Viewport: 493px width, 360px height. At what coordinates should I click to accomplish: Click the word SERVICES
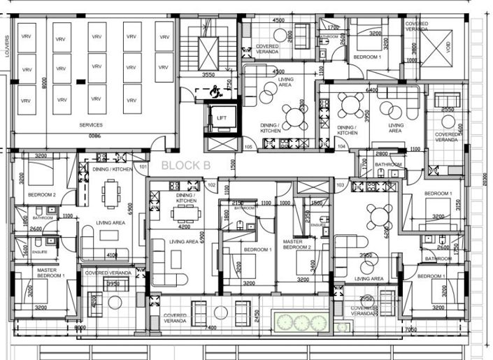tap(91, 124)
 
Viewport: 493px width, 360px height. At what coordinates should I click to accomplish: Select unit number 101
tap(143, 167)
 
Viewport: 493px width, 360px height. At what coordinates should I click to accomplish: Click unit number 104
tap(342, 147)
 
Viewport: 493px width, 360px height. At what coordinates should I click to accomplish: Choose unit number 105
tap(248, 147)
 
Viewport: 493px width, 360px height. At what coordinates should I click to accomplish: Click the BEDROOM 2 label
tap(41, 194)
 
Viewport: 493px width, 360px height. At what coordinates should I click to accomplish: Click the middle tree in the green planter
tap(302, 322)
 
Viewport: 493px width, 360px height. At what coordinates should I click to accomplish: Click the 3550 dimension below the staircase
tap(208, 74)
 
